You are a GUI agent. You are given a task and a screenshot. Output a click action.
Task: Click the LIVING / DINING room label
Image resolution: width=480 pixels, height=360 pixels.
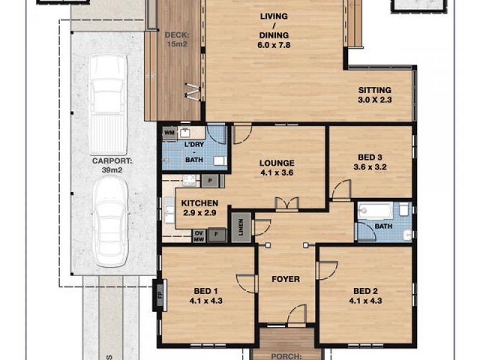(274, 30)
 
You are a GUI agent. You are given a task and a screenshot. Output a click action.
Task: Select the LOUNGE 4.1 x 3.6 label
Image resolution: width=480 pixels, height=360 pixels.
(277, 167)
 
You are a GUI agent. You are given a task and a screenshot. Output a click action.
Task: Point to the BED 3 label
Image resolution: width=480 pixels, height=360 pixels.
(368, 162)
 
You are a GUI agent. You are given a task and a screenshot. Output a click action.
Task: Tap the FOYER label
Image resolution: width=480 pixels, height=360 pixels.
(286, 279)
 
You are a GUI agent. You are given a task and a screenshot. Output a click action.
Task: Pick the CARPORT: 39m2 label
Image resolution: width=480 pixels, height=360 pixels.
(108, 165)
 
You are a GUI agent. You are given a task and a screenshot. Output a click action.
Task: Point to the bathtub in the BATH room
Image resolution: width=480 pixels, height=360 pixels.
(376, 211)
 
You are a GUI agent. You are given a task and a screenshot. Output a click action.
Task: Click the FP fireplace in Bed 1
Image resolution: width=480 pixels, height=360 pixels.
(160, 296)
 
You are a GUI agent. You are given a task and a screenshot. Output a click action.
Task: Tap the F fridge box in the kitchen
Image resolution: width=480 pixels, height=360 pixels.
(217, 235)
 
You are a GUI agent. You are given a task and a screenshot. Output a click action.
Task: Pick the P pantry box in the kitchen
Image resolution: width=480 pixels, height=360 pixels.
(212, 179)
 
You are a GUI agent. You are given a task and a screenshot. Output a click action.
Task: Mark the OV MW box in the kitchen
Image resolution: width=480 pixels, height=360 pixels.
(198, 236)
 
